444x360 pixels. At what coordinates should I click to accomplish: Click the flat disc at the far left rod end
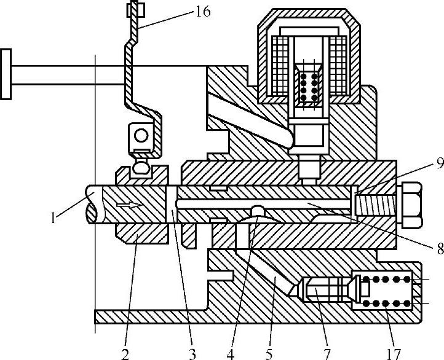(6, 74)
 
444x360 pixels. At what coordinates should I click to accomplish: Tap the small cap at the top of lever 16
(135, 9)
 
